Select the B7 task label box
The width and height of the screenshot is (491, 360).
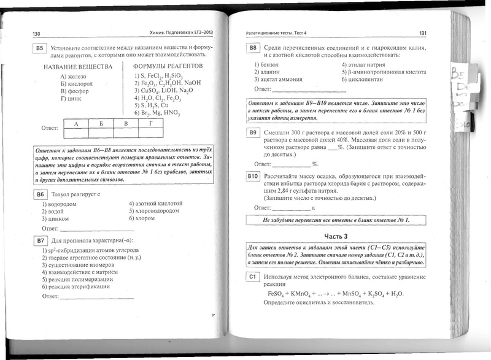pyautogui.click(x=39, y=240)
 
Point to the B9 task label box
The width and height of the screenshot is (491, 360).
pyautogui.click(x=252, y=132)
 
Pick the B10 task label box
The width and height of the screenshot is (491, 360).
pyautogui.click(x=252, y=176)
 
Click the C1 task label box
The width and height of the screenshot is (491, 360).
pyautogui.click(x=252, y=277)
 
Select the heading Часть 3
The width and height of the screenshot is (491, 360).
pyautogui.click(x=336, y=236)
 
